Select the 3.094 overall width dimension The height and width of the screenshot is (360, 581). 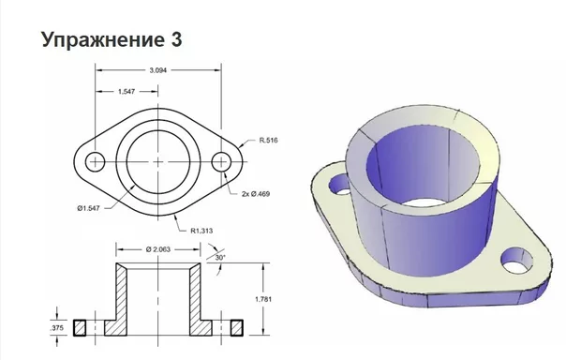click(x=158, y=70)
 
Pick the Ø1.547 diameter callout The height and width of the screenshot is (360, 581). click(x=90, y=206)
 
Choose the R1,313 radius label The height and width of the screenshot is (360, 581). click(x=204, y=230)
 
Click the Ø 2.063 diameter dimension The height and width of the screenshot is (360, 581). click(x=159, y=247)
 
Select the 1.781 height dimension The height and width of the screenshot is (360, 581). click(x=265, y=299)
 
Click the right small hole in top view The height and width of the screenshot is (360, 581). click(x=222, y=161)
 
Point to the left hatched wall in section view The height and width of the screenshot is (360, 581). click(x=120, y=302)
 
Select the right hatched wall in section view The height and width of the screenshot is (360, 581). click(x=197, y=302)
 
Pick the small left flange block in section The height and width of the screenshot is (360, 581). click(x=80, y=326)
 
